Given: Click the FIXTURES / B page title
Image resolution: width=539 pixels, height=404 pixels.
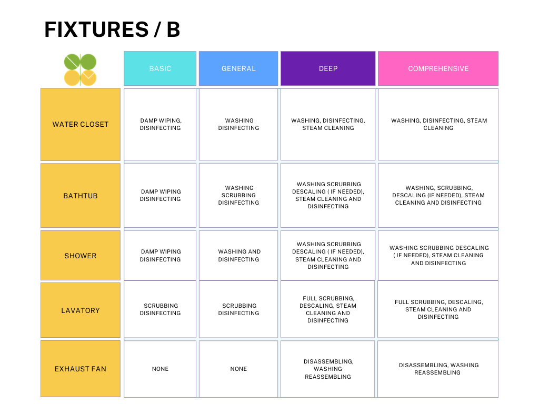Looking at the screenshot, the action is click(112, 29).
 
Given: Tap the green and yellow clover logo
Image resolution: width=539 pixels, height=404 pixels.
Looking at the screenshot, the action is click(80, 70).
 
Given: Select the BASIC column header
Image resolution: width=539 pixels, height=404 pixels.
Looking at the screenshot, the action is click(160, 68).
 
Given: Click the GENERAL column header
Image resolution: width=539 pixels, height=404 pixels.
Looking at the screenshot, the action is click(238, 68).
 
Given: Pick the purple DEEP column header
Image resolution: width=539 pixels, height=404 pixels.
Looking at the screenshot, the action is click(328, 68).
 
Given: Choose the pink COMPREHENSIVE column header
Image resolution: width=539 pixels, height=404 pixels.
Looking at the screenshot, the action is click(438, 68).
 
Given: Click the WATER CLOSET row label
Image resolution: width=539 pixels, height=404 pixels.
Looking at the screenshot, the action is click(81, 124).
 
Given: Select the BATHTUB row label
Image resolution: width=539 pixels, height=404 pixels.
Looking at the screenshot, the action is click(81, 196).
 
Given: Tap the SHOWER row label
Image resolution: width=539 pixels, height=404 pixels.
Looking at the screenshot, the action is click(81, 256).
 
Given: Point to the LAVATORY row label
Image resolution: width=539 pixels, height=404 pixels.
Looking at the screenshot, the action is click(81, 310).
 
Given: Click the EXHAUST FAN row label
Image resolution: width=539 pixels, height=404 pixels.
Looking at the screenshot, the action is click(81, 369).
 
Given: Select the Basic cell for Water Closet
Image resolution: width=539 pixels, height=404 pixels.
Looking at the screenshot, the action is click(160, 124).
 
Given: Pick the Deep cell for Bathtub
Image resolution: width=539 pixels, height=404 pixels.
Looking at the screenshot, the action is click(328, 195).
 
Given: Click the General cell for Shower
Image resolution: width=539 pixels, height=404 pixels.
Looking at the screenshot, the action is click(238, 255).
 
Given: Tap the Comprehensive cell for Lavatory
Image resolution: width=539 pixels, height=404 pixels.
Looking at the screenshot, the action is click(438, 309).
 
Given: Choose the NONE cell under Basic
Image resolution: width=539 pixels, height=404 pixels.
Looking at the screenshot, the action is click(160, 369).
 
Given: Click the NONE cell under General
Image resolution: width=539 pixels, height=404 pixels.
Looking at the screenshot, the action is click(238, 369).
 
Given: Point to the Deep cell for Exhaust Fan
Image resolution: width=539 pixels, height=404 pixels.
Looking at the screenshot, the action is click(327, 369).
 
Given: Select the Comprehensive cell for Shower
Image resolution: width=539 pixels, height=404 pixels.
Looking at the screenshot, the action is click(438, 255).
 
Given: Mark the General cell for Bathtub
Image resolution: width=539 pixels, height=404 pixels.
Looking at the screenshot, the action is click(238, 195).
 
